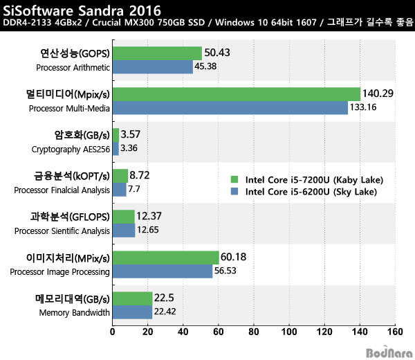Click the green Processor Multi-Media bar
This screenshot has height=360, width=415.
237,94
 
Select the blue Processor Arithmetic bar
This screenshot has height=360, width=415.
153,67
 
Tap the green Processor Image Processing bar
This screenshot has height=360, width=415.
166,258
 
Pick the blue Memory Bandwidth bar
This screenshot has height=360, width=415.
133,312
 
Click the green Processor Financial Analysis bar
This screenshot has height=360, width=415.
120,176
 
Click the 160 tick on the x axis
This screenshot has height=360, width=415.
395,332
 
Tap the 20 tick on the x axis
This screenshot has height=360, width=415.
148,332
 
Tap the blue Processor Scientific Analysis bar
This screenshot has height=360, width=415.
124,231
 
